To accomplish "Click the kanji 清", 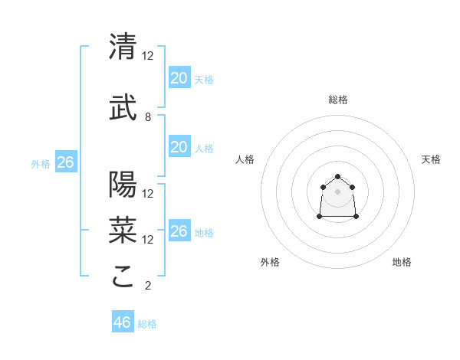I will [x=123, y=47].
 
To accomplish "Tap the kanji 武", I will [x=123, y=108].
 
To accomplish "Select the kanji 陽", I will [x=123, y=185].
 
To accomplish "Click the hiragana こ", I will [x=123, y=277].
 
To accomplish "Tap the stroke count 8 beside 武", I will [x=148, y=117].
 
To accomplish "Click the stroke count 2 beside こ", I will [x=148, y=286].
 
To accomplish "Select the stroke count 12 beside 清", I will [x=148, y=56].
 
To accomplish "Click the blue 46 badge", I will [x=122, y=322].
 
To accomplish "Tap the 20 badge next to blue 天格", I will [x=179, y=78].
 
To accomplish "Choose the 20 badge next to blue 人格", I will [x=179, y=147].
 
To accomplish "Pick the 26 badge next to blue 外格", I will [x=65, y=162].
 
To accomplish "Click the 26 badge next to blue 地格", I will [x=179, y=231].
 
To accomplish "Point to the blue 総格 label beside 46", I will [x=147, y=324].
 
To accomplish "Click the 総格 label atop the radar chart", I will [x=337, y=100].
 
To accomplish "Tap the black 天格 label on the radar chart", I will [x=431, y=159].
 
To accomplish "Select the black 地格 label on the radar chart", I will [x=402, y=262].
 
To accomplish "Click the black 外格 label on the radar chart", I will [x=270, y=262].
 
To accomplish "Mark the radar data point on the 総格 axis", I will [x=337, y=177].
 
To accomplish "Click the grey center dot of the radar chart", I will [x=337, y=191].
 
